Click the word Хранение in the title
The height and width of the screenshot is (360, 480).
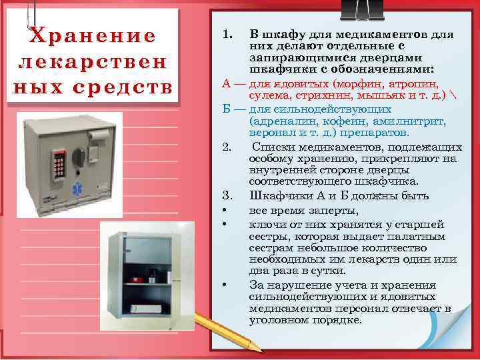click(x=93, y=35)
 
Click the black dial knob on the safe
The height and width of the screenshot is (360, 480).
click(x=79, y=155)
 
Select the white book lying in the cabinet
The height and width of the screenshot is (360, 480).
click(x=143, y=309)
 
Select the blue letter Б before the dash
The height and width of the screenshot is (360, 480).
click(x=227, y=109)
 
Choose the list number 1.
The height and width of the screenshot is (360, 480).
click(x=227, y=33)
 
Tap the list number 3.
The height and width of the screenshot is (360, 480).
click(x=227, y=195)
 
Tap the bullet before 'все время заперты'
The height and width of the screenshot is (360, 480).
click(x=227, y=210)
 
